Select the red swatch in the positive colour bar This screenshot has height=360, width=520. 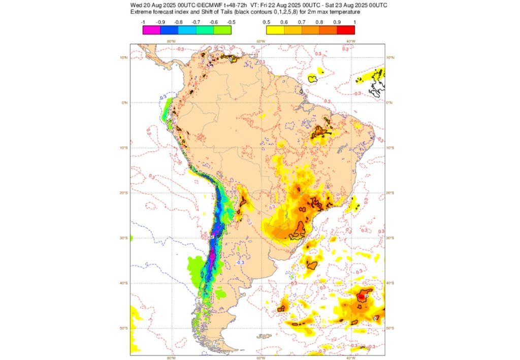tap(346, 30)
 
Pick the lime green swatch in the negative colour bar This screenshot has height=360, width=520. tap(222, 30)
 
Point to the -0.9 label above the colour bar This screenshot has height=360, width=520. tap(160, 22)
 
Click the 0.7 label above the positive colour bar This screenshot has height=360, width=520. tap(302, 22)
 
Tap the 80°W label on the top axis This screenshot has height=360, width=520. tap(172, 41)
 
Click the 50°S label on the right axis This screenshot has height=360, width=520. tap(391, 328)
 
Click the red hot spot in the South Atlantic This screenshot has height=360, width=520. tap(362, 296)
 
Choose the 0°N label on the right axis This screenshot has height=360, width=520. tap(390, 103)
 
